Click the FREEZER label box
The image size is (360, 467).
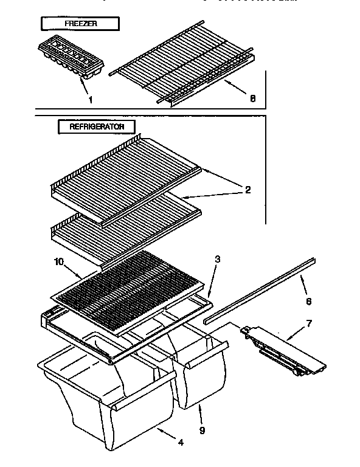(80, 24)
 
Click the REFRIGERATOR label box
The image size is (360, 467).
(97, 127)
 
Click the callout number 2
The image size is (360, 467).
(247, 190)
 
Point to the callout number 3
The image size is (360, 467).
(218, 259)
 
